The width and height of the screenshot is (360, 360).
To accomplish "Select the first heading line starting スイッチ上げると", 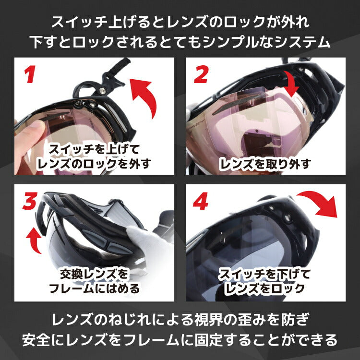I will (180, 22).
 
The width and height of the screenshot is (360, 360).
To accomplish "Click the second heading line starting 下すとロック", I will (180, 42).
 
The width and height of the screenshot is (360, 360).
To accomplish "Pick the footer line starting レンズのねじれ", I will (180, 320).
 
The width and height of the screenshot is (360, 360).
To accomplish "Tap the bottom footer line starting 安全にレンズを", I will (180, 340).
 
